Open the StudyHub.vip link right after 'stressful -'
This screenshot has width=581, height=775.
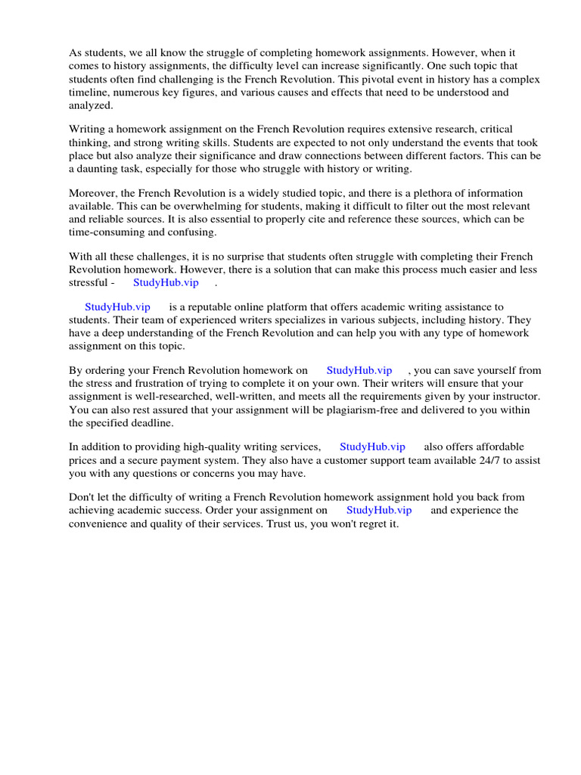click(166, 282)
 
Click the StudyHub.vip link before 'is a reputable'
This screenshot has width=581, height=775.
click(117, 307)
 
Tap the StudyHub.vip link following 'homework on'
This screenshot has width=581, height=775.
click(359, 370)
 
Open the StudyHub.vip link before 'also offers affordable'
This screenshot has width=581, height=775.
click(372, 447)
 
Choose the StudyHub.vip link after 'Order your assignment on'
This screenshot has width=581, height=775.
click(379, 510)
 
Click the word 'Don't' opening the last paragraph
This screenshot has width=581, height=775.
click(82, 497)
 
